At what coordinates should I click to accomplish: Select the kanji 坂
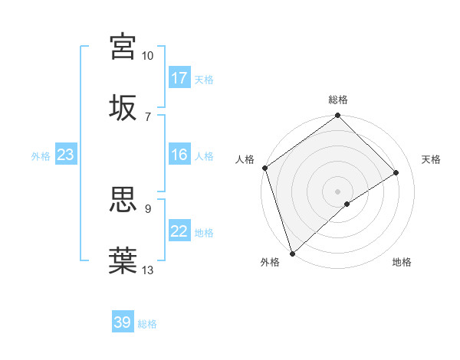pos(123,106)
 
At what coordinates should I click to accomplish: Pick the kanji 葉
pos(123,260)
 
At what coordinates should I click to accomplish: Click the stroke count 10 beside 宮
pos(147,56)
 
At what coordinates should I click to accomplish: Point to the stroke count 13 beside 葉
pos(147,270)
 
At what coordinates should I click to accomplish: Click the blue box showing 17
pos(179,78)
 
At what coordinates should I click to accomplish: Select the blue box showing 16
pos(179,155)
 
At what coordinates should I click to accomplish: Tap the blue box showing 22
pos(179,231)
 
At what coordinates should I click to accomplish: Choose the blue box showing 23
pos(66,155)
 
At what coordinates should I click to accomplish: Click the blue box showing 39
pos(123,322)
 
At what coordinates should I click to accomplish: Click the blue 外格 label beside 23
pos(41,156)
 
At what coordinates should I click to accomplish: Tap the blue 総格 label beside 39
pos(147,324)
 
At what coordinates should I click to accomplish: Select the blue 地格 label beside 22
pos(204,233)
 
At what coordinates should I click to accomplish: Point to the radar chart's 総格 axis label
pos(338,100)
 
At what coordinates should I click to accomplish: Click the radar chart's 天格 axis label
pos(431,159)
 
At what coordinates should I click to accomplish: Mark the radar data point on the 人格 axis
pos(264,168)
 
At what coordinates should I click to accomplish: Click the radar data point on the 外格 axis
pos(292,253)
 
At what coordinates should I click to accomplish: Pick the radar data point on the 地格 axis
pos(347,204)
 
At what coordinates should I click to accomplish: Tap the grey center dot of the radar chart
pos(338,191)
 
